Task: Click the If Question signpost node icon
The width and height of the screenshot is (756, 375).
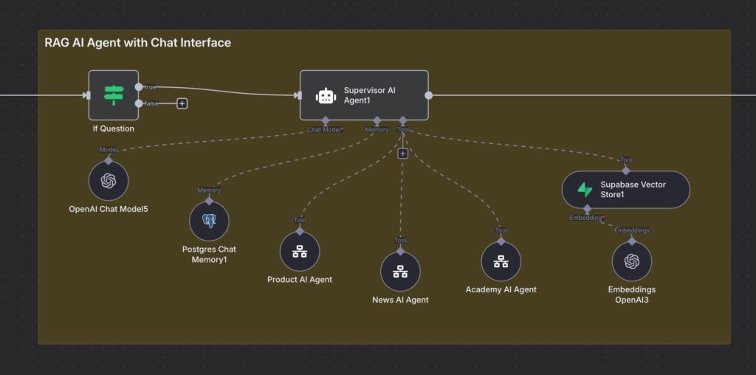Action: [114, 95]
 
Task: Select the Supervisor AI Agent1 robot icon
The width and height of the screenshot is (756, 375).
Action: [326, 95]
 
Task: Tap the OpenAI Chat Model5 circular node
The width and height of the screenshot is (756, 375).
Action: [109, 182]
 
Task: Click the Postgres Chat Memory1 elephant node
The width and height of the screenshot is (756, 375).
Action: [209, 221]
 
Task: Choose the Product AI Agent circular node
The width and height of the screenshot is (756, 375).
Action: [300, 251]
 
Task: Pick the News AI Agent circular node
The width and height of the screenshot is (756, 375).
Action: [400, 272]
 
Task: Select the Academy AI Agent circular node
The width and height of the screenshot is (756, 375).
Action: [501, 261]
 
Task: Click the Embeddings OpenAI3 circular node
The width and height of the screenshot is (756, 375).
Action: [632, 261]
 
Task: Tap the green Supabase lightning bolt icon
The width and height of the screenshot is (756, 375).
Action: [585, 190]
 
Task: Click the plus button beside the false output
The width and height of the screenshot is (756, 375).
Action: [182, 103]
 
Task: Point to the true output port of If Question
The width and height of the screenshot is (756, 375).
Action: [139, 87]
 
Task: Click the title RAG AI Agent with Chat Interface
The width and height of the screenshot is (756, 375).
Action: [137, 42]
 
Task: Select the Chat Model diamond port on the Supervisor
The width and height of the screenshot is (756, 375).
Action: [326, 120]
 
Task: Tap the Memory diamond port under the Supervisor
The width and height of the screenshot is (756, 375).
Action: [377, 120]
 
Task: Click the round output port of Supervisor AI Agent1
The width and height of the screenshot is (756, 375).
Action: [428, 95]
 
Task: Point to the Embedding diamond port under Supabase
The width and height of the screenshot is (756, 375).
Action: [587, 209]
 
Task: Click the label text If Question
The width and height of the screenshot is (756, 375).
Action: [114, 128]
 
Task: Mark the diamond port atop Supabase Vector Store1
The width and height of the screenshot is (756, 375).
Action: [626, 170]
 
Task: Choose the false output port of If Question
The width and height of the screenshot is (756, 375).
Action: [139, 103]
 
